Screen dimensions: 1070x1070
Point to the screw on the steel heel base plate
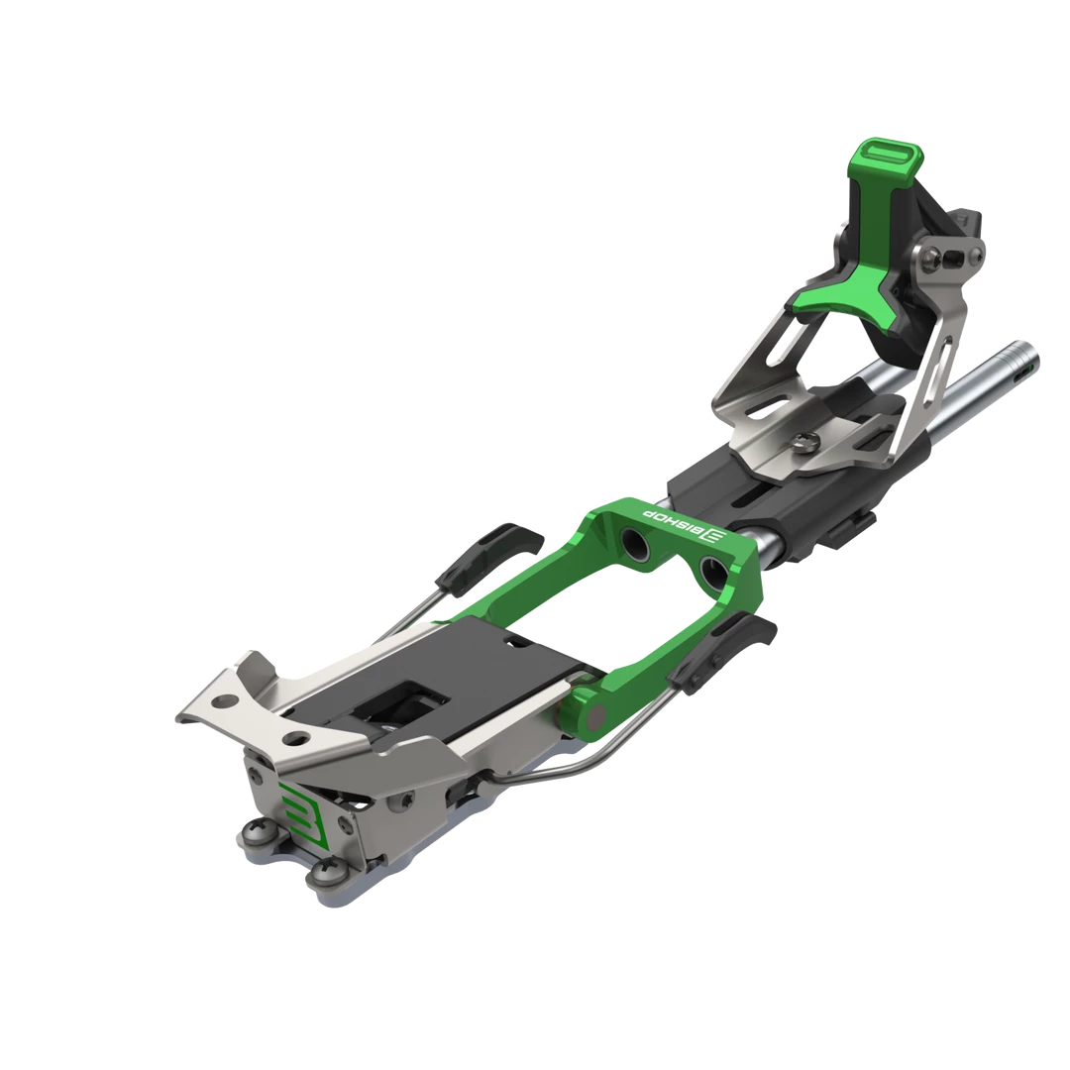[x=811, y=444]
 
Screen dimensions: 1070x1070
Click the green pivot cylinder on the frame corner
[x=586, y=714]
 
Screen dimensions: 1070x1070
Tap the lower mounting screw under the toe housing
[x=324, y=872]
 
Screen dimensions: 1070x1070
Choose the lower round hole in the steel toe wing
[x=294, y=737]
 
